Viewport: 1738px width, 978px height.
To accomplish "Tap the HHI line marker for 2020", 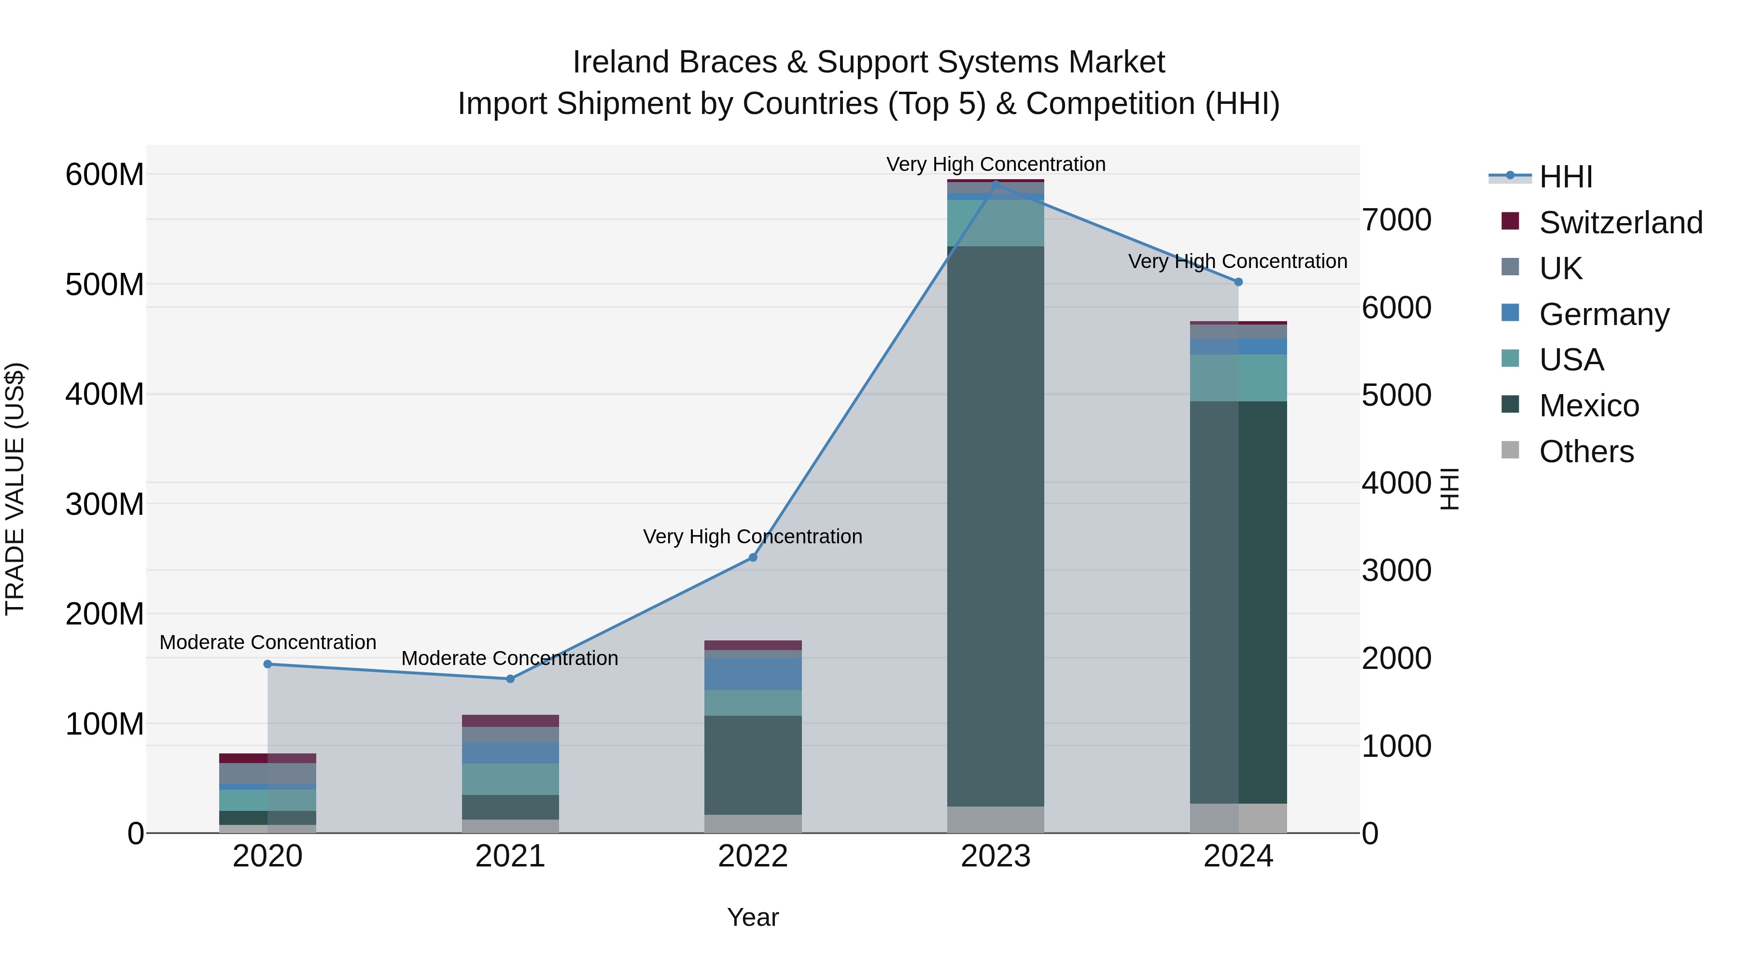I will [x=268, y=664].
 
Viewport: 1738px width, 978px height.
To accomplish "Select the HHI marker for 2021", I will [x=510, y=679].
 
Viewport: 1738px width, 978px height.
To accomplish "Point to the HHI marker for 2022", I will [x=753, y=557].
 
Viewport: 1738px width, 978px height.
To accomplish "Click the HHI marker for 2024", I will [x=1238, y=282].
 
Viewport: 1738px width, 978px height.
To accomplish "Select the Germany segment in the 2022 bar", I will [x=753, y=674].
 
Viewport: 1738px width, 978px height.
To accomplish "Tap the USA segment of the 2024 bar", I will [x=1238, y=378].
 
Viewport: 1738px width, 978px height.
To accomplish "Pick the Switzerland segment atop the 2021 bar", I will [x=510, y=721].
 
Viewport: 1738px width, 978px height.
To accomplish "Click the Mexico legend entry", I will [x=1589, y=406].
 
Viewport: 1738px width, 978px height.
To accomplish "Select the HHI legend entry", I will [x=1565, y=177].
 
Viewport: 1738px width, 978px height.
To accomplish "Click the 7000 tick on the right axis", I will [x=1396, y=220].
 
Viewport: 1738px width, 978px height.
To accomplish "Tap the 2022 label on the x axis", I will [x=753, y=856].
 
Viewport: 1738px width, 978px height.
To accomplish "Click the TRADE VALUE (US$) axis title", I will [x=15, y=489].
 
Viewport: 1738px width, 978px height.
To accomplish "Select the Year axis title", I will [x=753, y=917].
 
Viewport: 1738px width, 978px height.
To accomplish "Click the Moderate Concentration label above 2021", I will [x=510, y=658].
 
